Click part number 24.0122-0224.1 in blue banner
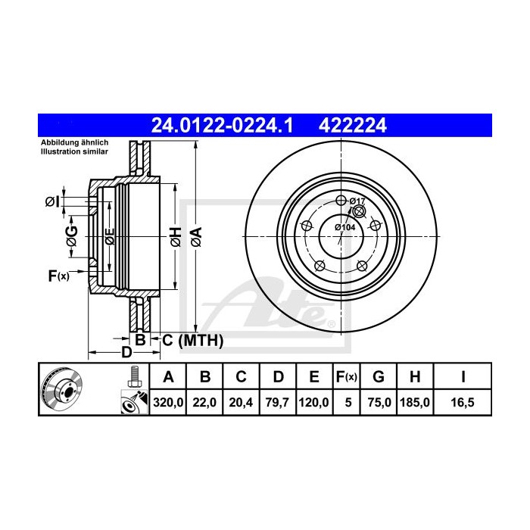click(x=222, y=126)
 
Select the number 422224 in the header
click(x=353, y=126)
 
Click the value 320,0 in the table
click(x=168, y=402)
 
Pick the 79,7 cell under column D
click(x=277, y=402)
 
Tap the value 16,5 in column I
click(x=463, y=402)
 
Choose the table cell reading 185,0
click(x=415, y=402)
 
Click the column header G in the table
click(x=379, y=376)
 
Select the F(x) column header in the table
click(x=347, y=376)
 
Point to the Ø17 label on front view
click(x=357, y=201)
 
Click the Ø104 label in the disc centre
click(x=345, y=227)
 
